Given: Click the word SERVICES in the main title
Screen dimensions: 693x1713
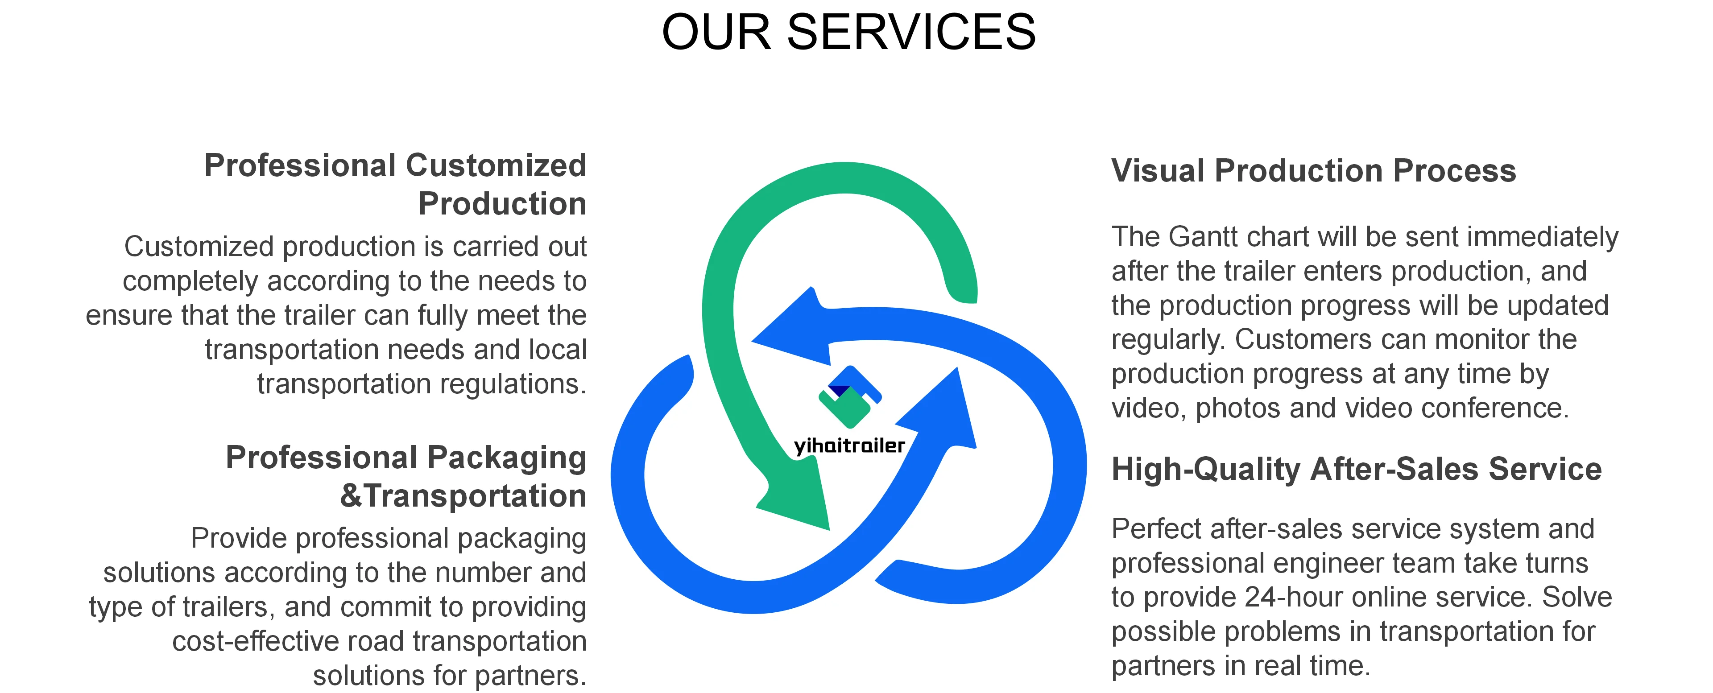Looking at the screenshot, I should coord(910,32).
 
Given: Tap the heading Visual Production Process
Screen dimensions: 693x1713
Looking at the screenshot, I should coord(1313,171).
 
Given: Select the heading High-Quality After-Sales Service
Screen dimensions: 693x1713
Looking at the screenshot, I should coord(1356,469).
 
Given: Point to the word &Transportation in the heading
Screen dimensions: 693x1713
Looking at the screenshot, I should coord(463,496).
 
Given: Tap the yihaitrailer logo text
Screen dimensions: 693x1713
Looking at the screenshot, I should coord(849,445).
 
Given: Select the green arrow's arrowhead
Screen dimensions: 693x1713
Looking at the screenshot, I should coord(798,495).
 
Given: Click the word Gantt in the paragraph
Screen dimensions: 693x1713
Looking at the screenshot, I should coord(1205,237).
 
